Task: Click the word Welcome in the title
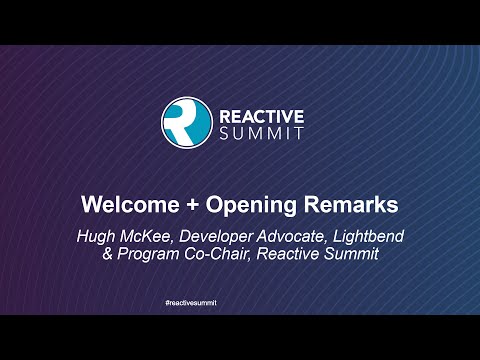[126, 205]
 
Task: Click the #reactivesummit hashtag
[239, 301]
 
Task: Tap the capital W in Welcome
[90, 205]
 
